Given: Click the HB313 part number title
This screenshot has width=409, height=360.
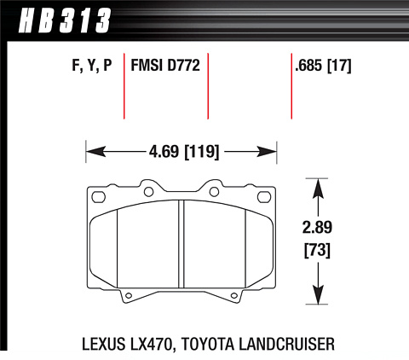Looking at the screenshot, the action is pyautogui.click(x=65, y=20).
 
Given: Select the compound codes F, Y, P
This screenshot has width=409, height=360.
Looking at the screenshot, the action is pyautogui.click(x=92, y=66).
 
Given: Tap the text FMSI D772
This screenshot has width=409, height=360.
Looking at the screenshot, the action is pyautogui.click(x=165, y=65).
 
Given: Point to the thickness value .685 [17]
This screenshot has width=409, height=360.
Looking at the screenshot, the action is pyautogui.click(x=323, y=66).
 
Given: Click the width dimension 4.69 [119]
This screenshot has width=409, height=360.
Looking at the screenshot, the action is pyautogui.click(x=184, y=152).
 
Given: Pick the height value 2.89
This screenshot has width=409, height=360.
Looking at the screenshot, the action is pyautogui.click(x=317, y=228).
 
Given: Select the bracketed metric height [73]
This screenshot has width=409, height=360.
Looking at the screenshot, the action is pyautogui.click(x=317, y=250).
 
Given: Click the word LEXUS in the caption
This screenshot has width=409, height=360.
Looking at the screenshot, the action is pyautogui.click(x=104, y=344).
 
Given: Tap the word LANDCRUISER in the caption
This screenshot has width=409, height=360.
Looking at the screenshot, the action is pyautogui.click(x=287, y=344).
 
